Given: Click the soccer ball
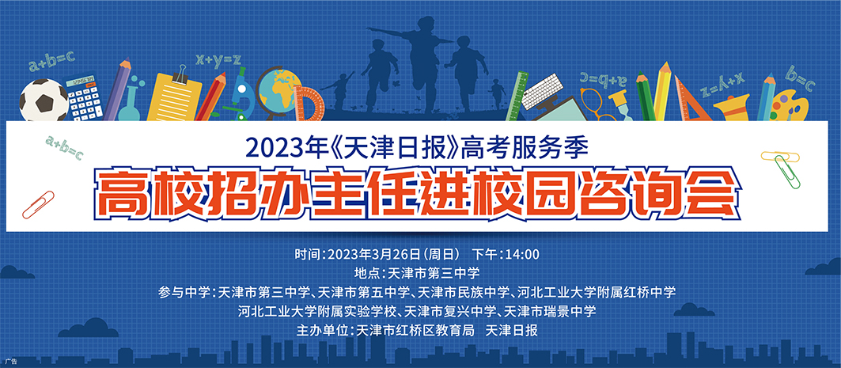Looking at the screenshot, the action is [44, 101].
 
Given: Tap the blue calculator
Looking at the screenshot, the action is [84, 97].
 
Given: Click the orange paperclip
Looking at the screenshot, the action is [38, 204].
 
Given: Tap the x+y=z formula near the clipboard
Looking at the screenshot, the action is [218, 59].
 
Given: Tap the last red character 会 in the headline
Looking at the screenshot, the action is [713, 192].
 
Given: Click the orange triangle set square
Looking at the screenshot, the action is [691, 100].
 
